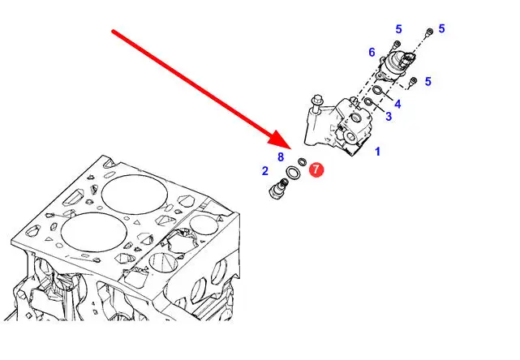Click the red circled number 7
tap(316, 169)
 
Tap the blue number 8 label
tap(281, 156)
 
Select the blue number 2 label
tap(264, 171)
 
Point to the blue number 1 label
tap(377, 152)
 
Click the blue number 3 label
tap(389, 117)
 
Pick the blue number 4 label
tap(398, 104)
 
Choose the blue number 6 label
tap(372, 52)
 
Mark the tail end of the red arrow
tap(113, 31)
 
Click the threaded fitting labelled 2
tap(279, 188)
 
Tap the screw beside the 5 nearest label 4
tap(412, 82)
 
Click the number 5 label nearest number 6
tap(398, 29)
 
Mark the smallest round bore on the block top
tap(100, 208)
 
